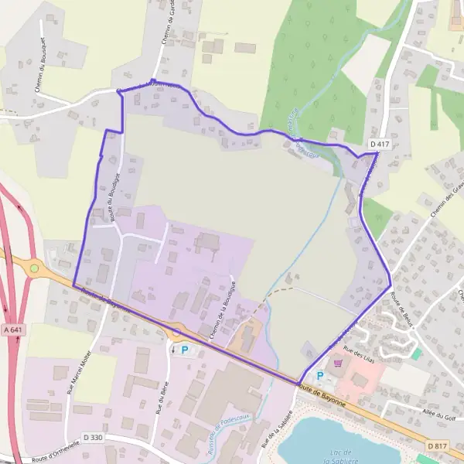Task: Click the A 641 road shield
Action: (x=12, y=330)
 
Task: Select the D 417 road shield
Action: (x=379, y=144)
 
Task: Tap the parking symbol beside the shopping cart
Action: (x=319, y=376)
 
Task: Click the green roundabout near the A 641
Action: (x=34, y=268)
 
